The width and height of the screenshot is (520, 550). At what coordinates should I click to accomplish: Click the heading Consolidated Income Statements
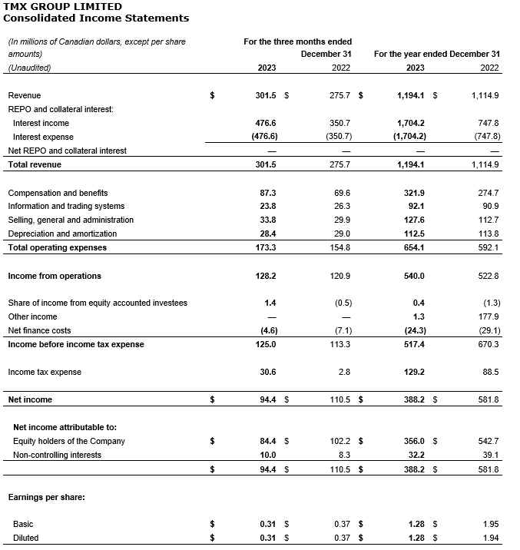96,18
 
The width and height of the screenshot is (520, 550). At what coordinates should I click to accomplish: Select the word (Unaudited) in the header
29,68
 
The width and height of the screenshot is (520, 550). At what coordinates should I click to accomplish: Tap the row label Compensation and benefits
58,193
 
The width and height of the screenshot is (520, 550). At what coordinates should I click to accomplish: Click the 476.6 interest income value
265,123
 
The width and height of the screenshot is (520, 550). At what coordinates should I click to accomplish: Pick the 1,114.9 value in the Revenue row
485,96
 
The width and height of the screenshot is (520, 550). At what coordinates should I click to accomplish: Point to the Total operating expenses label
58,247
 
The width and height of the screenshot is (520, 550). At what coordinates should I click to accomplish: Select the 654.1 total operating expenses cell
413,247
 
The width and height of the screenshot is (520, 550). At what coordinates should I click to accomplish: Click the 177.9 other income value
489,316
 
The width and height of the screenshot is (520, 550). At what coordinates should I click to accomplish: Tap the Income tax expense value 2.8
344,372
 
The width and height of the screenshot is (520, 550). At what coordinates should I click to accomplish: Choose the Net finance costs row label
39,330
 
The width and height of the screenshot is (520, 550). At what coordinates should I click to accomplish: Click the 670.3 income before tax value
489,344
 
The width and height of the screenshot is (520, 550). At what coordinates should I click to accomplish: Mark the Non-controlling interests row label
57,455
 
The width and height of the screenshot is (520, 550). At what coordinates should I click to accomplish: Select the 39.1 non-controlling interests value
490,455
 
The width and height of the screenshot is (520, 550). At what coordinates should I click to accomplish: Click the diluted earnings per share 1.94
491,538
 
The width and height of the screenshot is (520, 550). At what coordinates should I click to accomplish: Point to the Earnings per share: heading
47,497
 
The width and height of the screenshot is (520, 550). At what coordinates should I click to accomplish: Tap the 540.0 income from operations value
413,276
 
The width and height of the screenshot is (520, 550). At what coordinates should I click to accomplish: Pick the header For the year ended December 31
436,55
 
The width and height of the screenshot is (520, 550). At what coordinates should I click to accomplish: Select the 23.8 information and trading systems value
267,206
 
